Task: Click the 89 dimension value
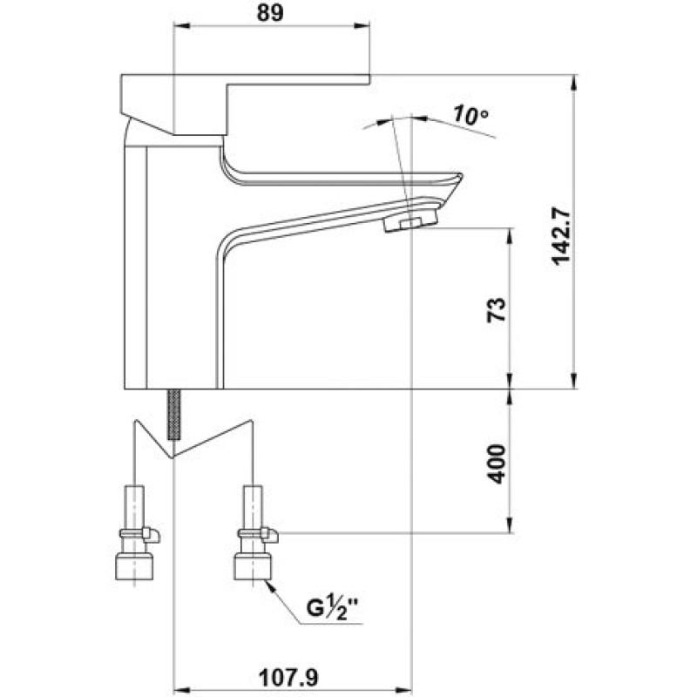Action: tap(270, 13)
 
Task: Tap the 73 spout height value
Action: tap(497, 309)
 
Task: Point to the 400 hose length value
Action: tap(497, 464)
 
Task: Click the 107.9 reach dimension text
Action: tap(289, 679)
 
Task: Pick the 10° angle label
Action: tap(470, 116)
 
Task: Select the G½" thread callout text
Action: tap(333, 607)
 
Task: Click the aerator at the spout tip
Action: tap(410, 220)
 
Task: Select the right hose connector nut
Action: tap(253, 565)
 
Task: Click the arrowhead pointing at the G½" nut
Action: tap(273, 587)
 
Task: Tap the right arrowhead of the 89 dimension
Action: tap(362, 26)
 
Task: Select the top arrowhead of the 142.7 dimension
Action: tap(574, 83)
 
